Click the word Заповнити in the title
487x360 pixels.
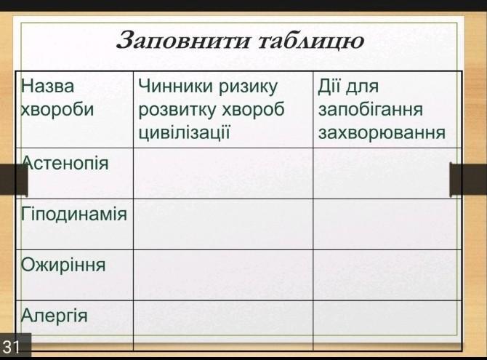tap(182, 41)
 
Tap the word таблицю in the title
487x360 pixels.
tap(311, 41)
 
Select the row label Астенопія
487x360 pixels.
tap(65, 163)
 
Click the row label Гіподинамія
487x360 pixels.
tap(74, 214)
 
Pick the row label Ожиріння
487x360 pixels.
tap(63, 265)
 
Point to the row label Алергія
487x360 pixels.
tap(54, 316)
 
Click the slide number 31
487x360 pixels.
tap(11, 347)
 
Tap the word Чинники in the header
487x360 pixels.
tap(176, 86)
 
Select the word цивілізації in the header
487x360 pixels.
tap(184, 132)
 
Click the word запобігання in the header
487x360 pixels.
tap(371, 109)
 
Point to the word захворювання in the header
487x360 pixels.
tap(382, 132)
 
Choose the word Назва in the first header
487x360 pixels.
tap(47, 86)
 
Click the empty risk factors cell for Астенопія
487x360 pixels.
tap(223, 173)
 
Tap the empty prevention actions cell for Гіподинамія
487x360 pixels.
tap(387, 224)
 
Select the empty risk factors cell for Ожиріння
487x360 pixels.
tap(223, 275)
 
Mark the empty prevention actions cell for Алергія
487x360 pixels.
tap(387, 326)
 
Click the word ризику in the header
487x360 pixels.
tap(248, 87)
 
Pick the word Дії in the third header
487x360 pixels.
tap(329, 86)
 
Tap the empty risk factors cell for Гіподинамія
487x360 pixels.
tap(223, 224)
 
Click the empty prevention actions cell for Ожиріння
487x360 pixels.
tap(387, 275)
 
